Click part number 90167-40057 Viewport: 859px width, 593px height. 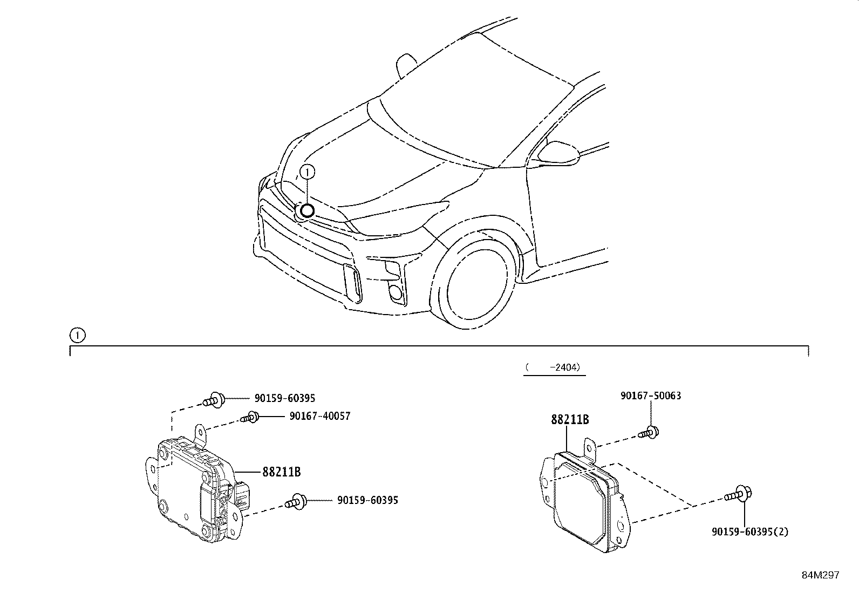(319, 416)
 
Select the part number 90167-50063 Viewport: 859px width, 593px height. (651, 396)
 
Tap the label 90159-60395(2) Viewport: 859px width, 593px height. (749, 531)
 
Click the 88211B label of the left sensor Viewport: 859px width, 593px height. (281, 472)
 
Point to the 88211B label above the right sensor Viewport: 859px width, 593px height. (570, 419)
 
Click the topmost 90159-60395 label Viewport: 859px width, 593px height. (284, 398)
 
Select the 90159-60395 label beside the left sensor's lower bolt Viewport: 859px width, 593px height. (367, 500)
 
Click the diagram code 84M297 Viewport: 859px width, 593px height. (820, 575)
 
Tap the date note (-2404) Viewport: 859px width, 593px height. (554, 367)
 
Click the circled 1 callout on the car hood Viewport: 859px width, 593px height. (306, 172)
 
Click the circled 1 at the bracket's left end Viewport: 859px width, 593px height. (77, 336)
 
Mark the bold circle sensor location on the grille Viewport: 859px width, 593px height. (306, 211)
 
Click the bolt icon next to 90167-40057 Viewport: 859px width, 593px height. (251, 417)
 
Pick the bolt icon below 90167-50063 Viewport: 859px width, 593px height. (649, 432)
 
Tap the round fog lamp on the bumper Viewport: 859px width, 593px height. (396, 292)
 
